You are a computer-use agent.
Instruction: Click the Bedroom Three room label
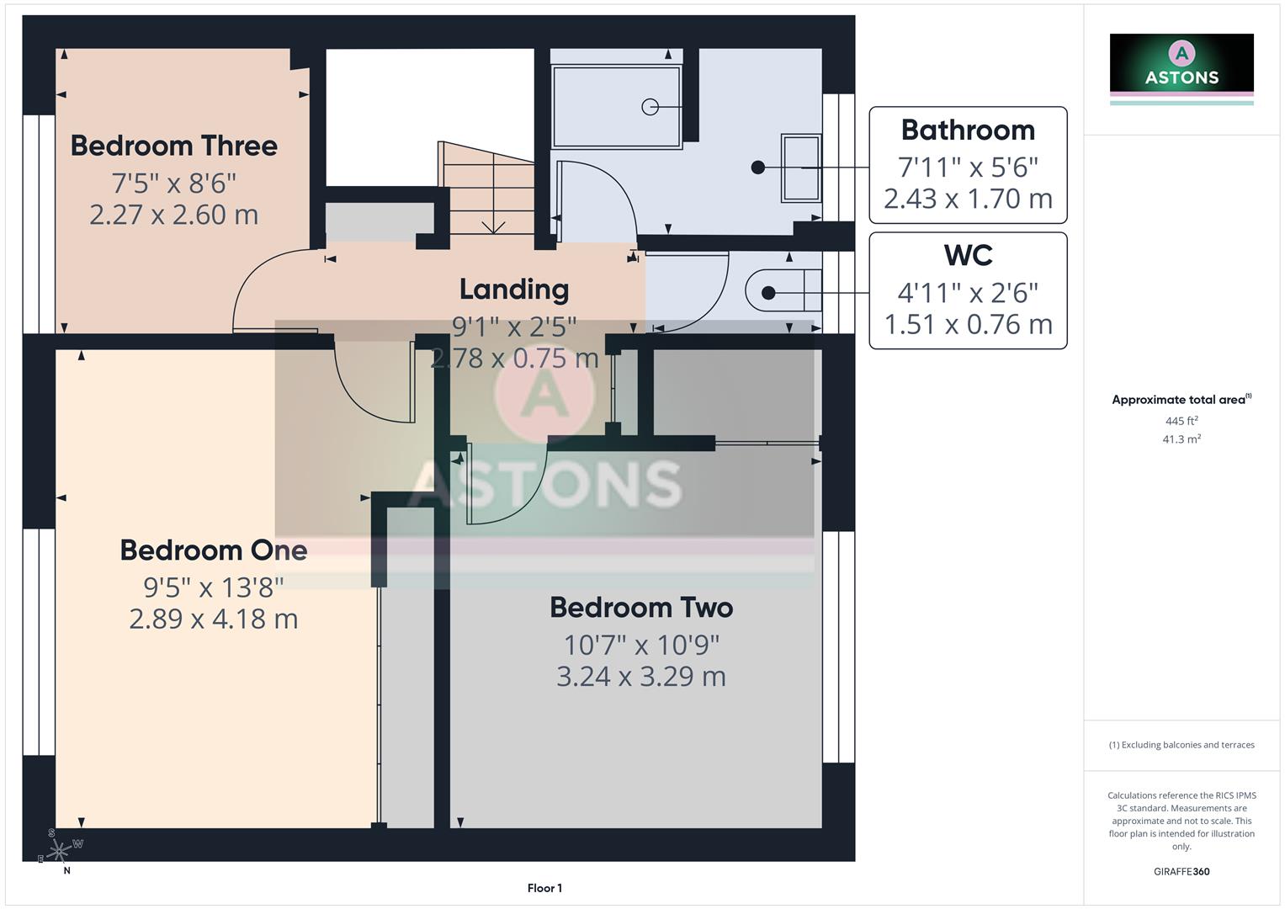coord(173,146)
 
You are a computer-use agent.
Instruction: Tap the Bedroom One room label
coord(213,550)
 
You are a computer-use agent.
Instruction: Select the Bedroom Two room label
coord(641,608)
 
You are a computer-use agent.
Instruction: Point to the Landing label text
coord(513,290)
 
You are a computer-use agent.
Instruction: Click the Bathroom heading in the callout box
coord(968,130)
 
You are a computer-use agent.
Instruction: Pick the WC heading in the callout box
coord(968,256)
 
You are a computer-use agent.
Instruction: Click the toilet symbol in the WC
coord(783,291)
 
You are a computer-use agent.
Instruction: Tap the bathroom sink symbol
coord(800,167)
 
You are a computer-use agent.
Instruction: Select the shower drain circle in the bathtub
coord(650,107)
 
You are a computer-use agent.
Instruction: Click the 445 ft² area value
coord(1181,421)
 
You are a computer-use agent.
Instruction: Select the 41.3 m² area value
coord(1181,439)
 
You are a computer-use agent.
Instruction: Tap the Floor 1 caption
coord(544,888)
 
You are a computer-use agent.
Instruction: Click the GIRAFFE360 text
coord(1181,871)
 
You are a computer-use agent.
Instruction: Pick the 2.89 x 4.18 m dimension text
coord(213,619)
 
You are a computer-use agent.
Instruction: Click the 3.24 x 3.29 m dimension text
coord(641,677)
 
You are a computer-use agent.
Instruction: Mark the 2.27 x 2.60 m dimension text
coord(173,215)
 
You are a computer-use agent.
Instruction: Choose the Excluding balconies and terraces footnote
coord(1181,745)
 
